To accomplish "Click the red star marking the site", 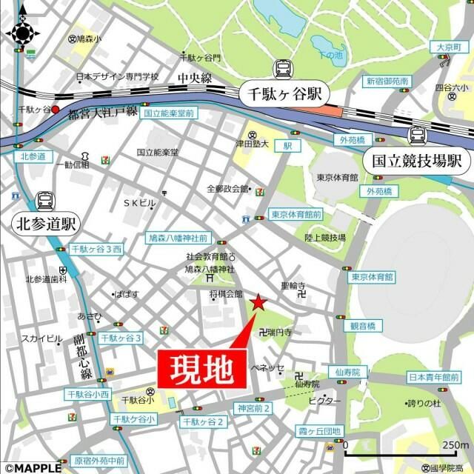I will (258, 302).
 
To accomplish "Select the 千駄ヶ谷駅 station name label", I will (283, 95).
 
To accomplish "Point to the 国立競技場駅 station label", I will (416, 160).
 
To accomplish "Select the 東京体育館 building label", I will (338, 178).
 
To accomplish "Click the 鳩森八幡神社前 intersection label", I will (178, 239).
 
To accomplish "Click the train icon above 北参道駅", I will (45, 200).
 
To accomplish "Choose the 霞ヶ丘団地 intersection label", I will (318, 431).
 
